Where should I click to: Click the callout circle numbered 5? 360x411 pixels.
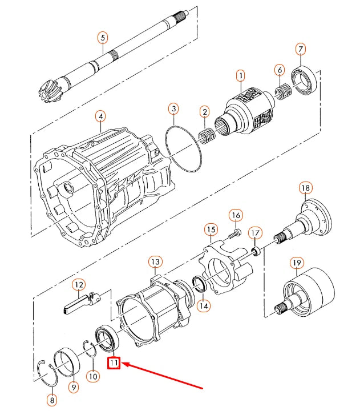[103, 38]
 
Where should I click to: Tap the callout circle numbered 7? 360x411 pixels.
[301, 50]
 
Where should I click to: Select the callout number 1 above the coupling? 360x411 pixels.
[240, 75]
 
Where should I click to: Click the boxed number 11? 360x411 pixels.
[114, 362]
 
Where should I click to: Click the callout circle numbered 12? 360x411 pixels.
[78, 284]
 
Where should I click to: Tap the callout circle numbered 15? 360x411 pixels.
[211, 230]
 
